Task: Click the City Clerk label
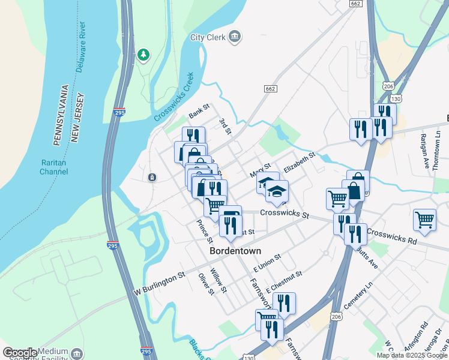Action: [x=208, y=37]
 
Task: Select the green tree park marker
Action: [x=143, y=56]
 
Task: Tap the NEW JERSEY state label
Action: [x=76, y=118]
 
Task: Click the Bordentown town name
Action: [x=233, y=252]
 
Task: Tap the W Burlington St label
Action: [x=159, y=282]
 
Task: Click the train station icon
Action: [x=151, y=177]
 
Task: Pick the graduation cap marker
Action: [x=277, y=191]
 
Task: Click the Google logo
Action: [x=20, y=353]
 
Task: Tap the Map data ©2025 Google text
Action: [x=412, y=355]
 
